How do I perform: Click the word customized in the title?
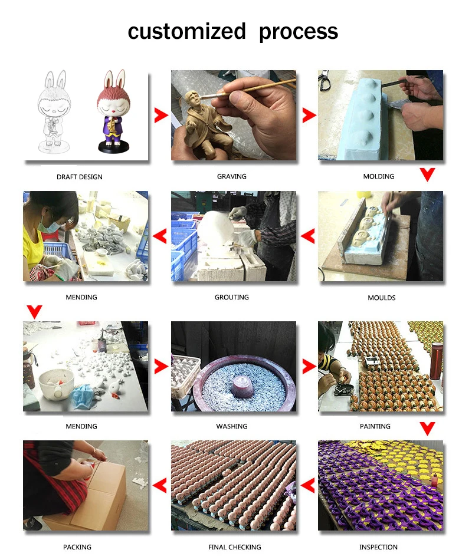coord(186,31)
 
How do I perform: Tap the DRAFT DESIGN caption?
coord(80,177)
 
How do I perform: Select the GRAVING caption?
coord(232,176)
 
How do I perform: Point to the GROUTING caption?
coord(232,297)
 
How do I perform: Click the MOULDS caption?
coord(382,298)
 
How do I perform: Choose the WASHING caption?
coord(232,426)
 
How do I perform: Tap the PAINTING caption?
coord(375,426)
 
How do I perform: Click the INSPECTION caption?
coord(378,547)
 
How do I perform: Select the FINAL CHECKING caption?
coord(235,547)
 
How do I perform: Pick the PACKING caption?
coord(77,547)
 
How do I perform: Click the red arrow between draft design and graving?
coord(161,115)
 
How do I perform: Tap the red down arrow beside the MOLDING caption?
coord(427,174)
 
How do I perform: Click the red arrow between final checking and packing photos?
coord(160,486)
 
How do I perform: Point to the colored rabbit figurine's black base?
coord(113,147)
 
